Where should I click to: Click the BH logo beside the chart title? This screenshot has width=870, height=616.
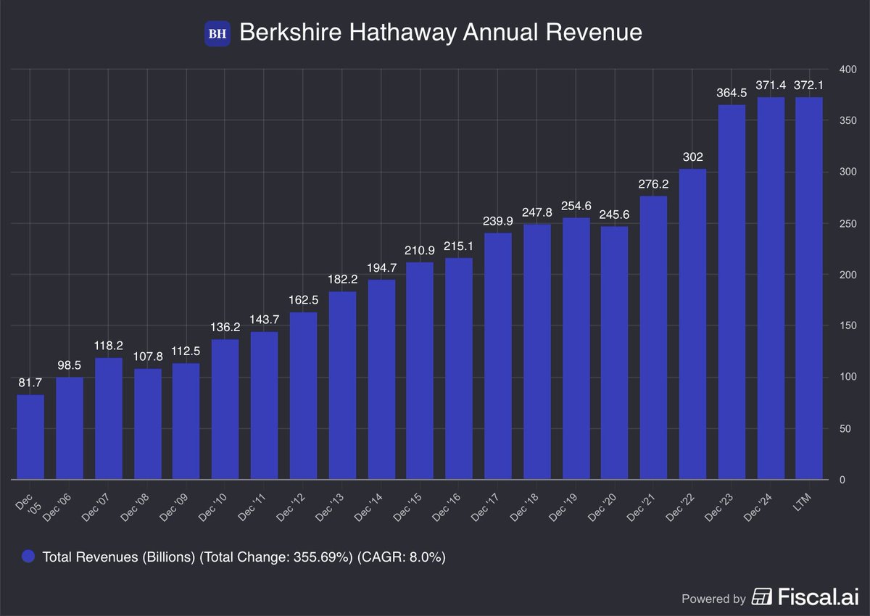pyautogui.click(x=217, y=33)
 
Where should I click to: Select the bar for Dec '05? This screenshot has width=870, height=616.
pyautogui.click(x=30, y=437)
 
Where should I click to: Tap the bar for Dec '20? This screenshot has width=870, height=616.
pyautogui.click(x=615, y=353)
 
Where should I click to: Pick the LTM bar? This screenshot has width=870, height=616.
pyautogui.click(x=809, y=288)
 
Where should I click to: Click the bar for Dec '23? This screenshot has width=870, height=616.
pyautogui.click(x=732, y=292)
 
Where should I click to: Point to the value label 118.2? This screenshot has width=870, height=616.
pyautogui.click(x=108, y=346)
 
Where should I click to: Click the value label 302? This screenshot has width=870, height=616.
pyautogui.click(x=692, y=157)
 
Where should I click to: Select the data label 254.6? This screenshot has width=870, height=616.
pyautogui.click(x=576, y=206)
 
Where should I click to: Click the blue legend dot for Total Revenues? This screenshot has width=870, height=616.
pyautogui.click(x=28, y=557)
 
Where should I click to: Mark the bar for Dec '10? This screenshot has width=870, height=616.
pyautogui.click(x=225, y=409)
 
